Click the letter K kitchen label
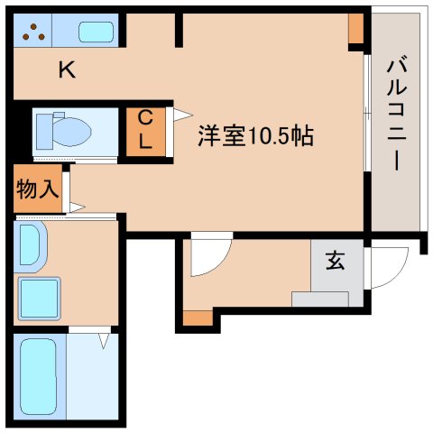[66, 69]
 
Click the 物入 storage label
[36, 189]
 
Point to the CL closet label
[144, 129]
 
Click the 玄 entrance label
[335, 262]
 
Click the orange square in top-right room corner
[356, 28]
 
